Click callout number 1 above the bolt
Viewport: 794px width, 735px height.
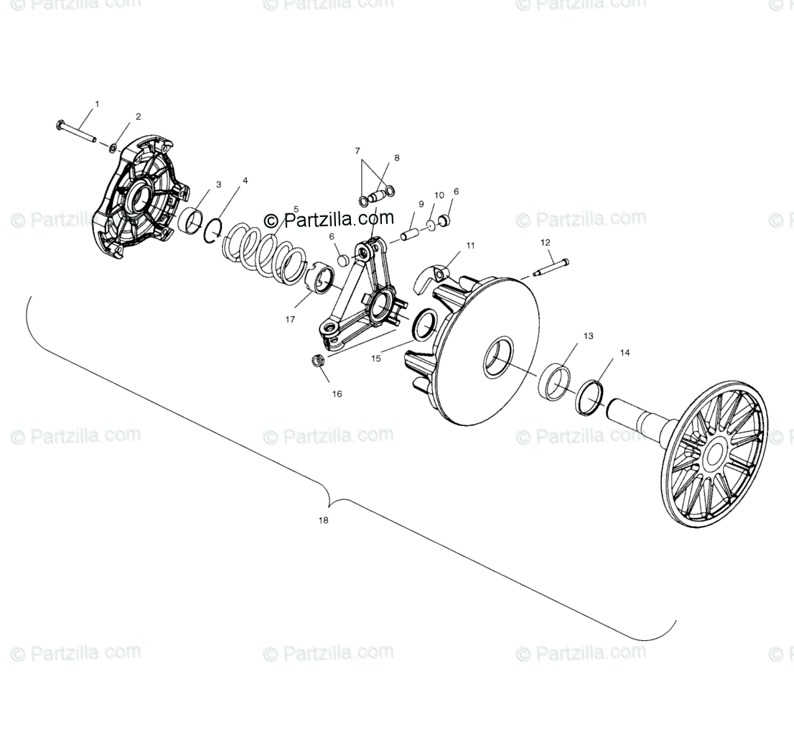97,104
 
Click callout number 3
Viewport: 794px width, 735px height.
199,185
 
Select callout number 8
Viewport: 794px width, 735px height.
396,158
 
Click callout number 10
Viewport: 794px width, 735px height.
439,195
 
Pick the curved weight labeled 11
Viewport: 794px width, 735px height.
436,273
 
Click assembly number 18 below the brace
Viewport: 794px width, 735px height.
323,520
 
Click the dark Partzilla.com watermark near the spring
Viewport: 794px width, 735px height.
330,218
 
